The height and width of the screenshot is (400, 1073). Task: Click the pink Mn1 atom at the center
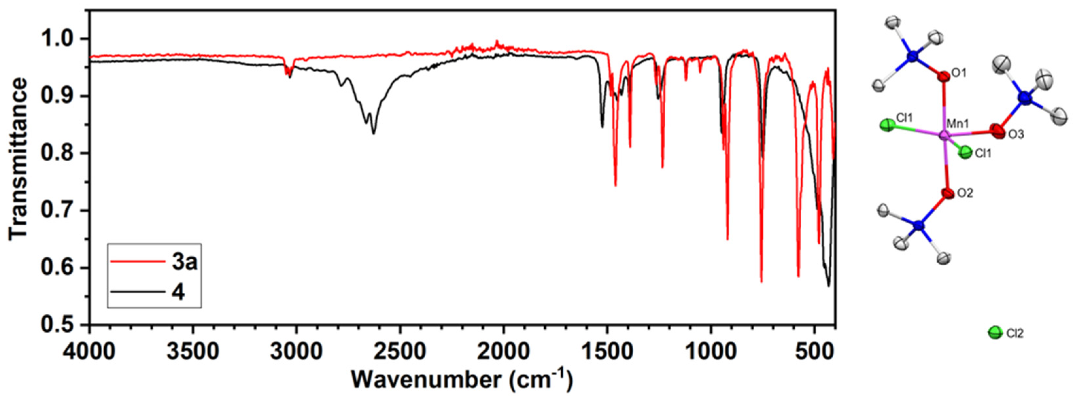944,135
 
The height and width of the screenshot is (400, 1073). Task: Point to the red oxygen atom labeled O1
944,77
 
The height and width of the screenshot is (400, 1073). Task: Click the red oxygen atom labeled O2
948,193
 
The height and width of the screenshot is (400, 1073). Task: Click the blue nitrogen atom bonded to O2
918,226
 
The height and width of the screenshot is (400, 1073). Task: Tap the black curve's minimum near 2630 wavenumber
374,133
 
